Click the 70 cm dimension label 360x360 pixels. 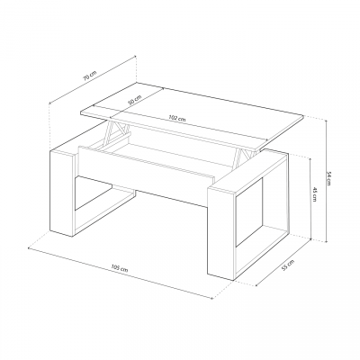(88, 76)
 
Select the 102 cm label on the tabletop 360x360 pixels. (175, 119)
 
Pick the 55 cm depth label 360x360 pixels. (288, 267)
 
